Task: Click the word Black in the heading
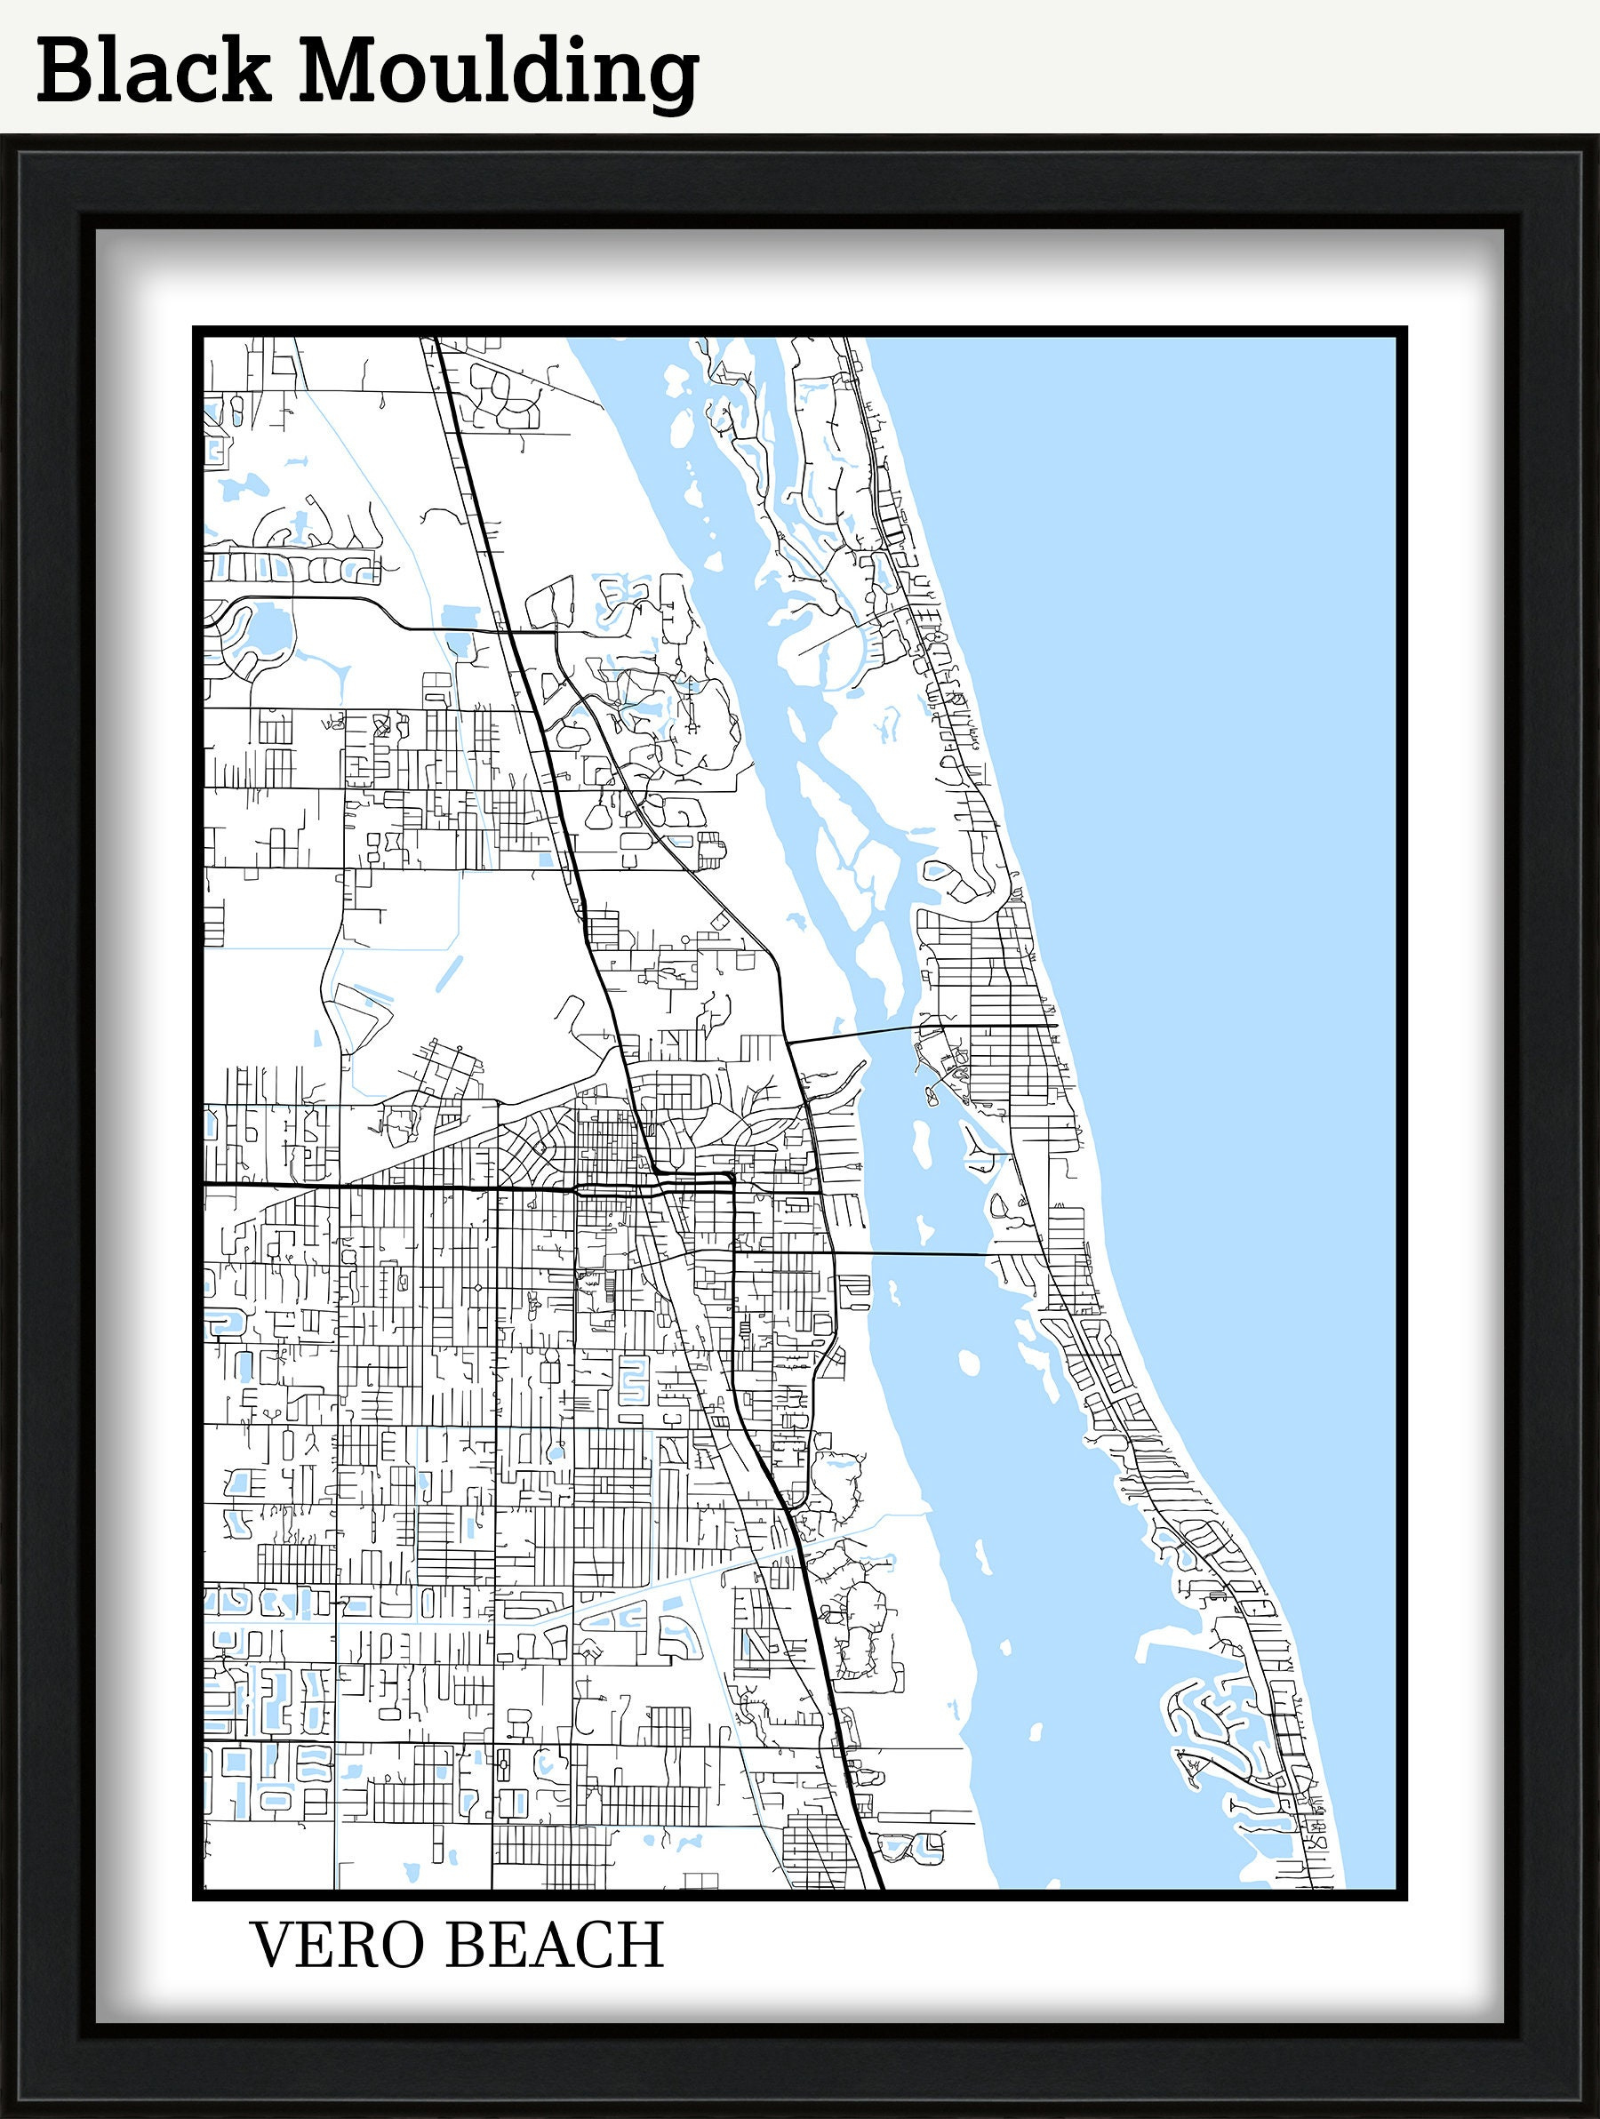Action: [153, 71]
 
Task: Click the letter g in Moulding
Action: [669, 83]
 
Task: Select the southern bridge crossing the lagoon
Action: [910, 1253]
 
